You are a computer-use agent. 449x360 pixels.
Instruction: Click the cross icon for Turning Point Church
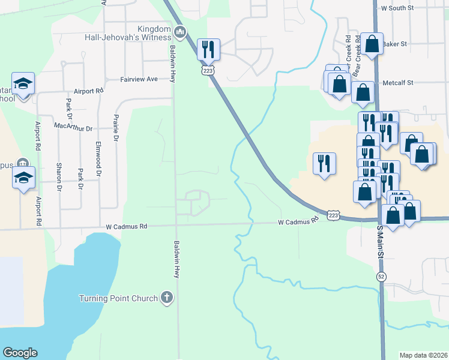(x=167, y=297)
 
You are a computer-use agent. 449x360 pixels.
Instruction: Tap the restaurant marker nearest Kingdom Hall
(x=208, y=49)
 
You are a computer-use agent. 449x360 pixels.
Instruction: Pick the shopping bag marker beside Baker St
(x=372, y=44)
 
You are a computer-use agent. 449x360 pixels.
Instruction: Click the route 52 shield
(x=381, y=277)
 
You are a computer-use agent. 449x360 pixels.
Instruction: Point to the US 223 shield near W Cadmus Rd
(x=335, y=214)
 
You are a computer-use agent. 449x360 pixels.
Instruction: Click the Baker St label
(x=395, y=44)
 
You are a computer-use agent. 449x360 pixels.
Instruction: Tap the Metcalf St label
(x=398, y=83)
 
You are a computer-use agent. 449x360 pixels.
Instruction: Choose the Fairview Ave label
(x=139, y=79)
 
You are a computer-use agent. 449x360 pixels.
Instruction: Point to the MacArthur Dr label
(x=73, y=128)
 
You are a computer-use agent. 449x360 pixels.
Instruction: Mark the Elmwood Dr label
(x=98, y=155)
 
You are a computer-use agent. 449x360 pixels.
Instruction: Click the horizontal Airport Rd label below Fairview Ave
(x=89, y=91)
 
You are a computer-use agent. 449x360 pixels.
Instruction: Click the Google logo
(x=20, y=353)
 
